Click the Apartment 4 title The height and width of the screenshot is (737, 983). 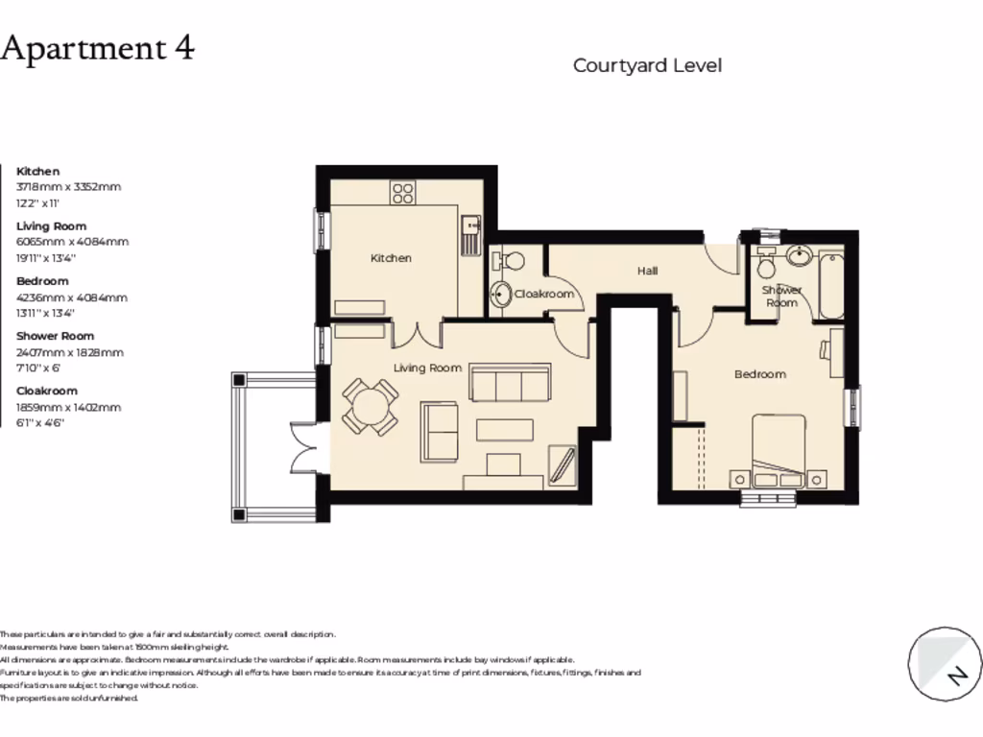tap(97, 48)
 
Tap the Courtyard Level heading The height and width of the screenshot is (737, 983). tap(647, 65)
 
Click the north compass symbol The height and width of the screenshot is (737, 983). tap(944, 663)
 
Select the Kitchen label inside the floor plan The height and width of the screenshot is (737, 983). tap(391, 258)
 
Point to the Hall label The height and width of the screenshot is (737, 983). tap(648, 272)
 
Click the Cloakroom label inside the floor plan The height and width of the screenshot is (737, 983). tap(544, 294)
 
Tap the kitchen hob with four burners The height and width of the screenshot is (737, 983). tap(402, 192)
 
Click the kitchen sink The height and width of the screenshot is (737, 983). tap(469, 235)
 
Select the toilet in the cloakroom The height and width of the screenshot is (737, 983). tap(508, 259)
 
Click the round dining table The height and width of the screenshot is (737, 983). tap(371, 407)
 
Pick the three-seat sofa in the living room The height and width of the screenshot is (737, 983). tap(509, 382)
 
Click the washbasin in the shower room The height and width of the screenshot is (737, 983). tap(798, 255)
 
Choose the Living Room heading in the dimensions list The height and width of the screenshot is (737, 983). tap(51, 226)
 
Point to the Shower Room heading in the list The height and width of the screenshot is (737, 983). tap(55, 336)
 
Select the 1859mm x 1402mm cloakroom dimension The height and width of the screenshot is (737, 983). tap(68, 407)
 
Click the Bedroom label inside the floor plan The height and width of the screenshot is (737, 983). tap(759, 374)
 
